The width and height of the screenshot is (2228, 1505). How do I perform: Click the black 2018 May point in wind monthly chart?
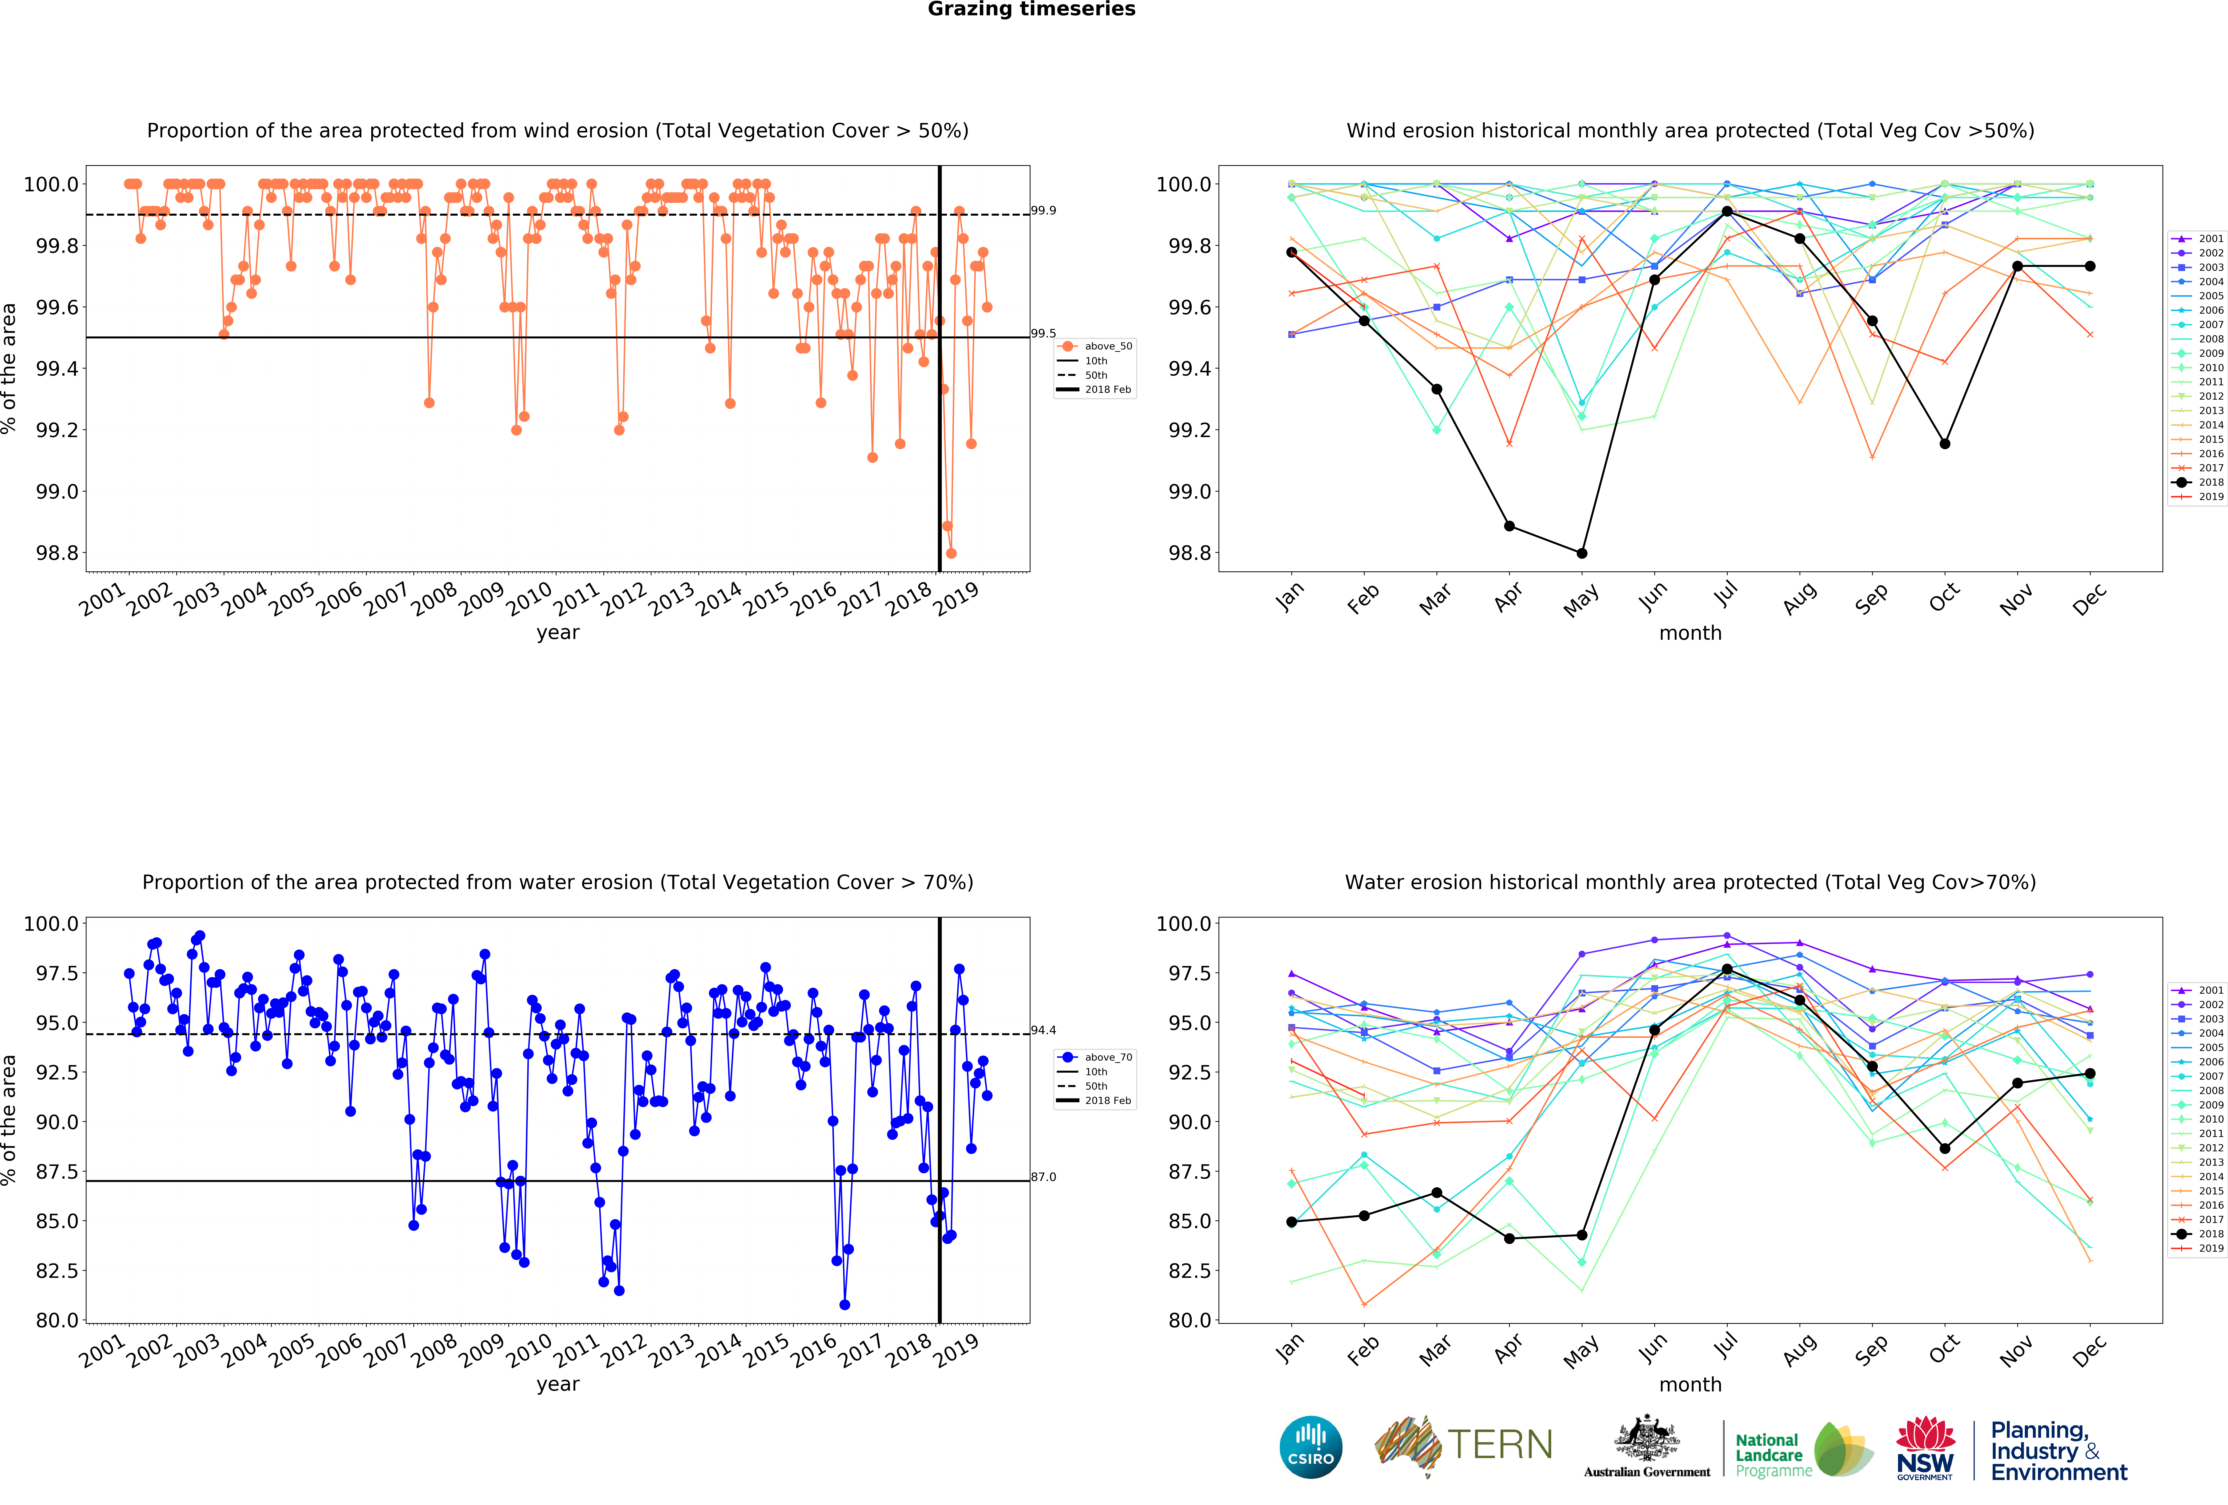point(1582,553)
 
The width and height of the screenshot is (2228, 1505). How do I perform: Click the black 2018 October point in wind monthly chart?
point(1944,444)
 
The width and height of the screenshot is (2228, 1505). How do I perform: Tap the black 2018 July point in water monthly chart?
point(1727,969)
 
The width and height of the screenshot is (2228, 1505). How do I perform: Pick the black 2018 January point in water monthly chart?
point(1291,1221)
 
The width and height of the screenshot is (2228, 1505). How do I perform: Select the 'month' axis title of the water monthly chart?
point(1690,1384)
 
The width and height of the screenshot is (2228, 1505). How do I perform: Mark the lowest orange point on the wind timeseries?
point(951,553)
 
